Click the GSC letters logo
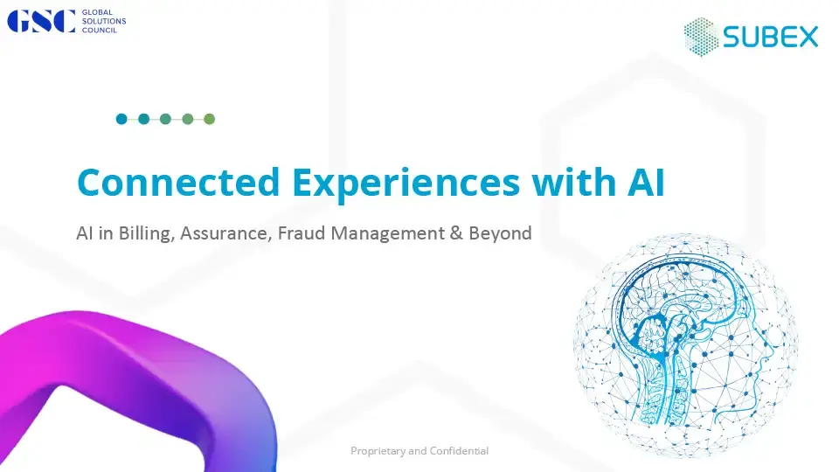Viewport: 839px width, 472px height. click(41, 21)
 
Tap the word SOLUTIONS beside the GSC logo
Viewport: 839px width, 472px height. click(104, 21)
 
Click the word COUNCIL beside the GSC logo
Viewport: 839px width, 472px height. click(100, 31)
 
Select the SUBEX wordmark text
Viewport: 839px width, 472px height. click(771, 37)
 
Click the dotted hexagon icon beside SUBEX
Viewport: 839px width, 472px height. click(701, 37)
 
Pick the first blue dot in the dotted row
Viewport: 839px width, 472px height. click(121, 119)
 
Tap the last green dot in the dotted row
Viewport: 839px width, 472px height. click(209, 119)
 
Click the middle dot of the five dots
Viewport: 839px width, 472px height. click(165, 119)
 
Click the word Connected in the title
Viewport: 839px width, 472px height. click(178, 182)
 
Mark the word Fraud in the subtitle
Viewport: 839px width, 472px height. click(302, 233)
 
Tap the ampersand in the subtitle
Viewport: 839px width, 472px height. click(456, 233)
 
